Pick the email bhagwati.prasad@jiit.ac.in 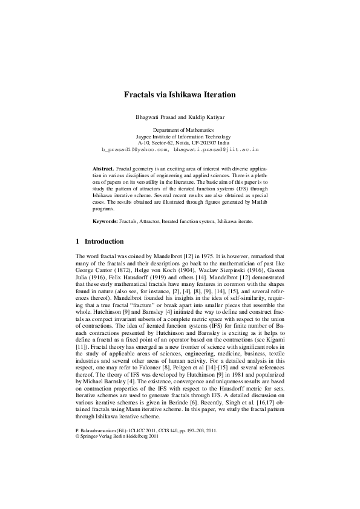(x=217, y=148)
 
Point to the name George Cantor (x=93, y=270)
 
